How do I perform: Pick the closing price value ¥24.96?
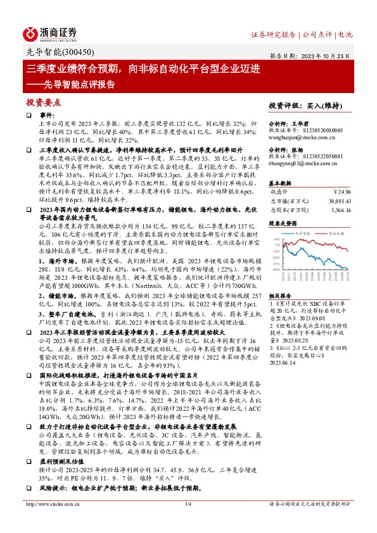pyautogui.click(x=342, y=190)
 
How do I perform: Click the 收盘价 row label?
pyautogui.click(x=279, y=190)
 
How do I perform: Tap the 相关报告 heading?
pyautogui.click(x=281, y=296)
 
